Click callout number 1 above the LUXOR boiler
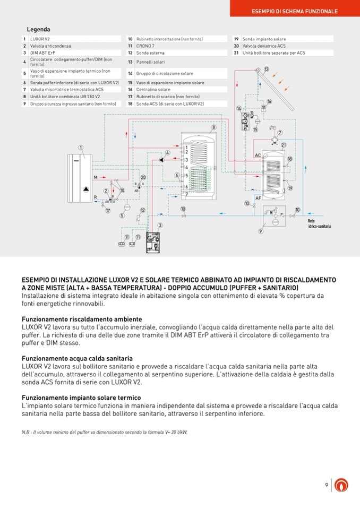[81, 148]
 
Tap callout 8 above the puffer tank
[213, 127]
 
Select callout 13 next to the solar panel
[266, 69]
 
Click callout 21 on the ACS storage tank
[284, 145]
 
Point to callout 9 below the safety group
[261, 231]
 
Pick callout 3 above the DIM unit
[160, 226]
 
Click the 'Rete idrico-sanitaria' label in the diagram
[319, 224]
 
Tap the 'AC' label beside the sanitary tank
[258, 155]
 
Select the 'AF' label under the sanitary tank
[258, 197]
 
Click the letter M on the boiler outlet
[96, 177]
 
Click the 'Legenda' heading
[38, 30]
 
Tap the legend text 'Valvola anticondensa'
[47, 46]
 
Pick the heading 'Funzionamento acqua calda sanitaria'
[77, 359]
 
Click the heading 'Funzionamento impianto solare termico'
[81, 398]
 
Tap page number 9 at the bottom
[327, 485]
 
